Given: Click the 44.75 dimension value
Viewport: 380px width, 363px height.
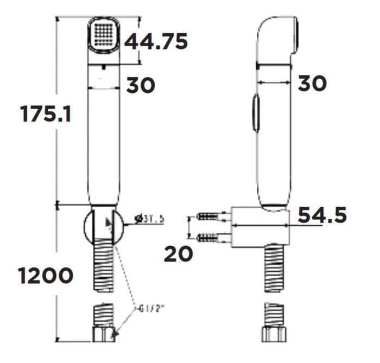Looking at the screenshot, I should (156, 41).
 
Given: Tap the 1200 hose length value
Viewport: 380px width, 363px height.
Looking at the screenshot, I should (46, 276).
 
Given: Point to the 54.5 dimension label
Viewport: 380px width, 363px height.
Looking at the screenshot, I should (322, 215).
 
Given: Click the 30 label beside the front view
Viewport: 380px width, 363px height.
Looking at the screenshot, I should (141, 85).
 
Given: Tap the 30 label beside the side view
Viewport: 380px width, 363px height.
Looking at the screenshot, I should (312, 83).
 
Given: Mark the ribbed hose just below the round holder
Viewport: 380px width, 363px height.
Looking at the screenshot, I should (103, 269).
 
